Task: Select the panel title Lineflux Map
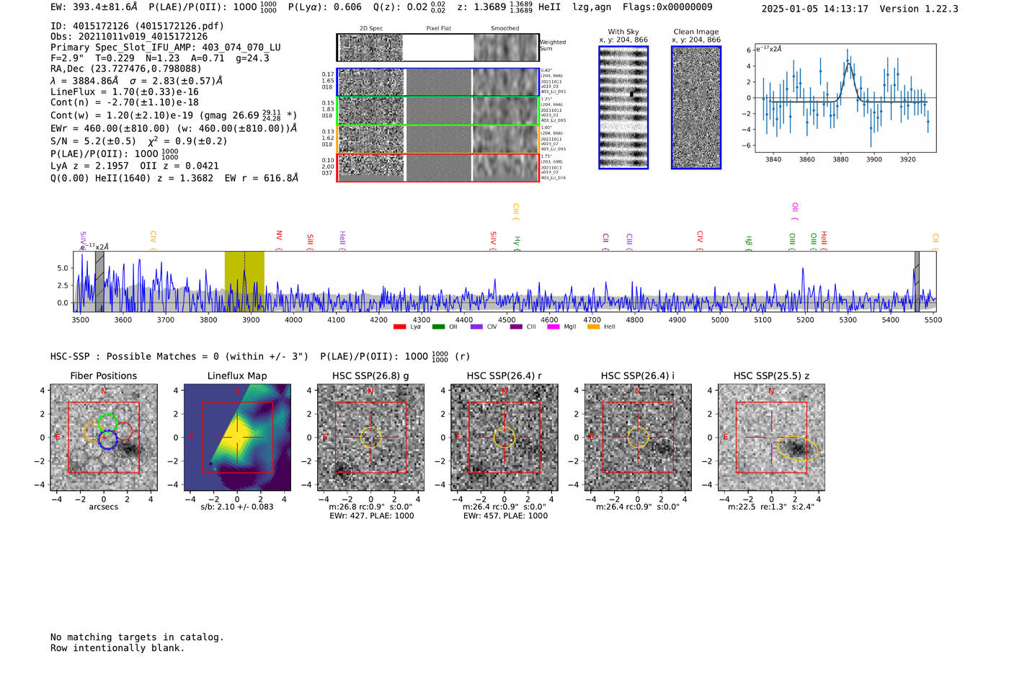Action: click(236, 376)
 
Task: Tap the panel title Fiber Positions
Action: click(103, 376)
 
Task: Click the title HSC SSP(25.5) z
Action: click(771, 376)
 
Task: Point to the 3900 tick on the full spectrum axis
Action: click(251, 319)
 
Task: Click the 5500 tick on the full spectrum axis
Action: click(933, 319)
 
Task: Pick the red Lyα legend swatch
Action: click(399, 327)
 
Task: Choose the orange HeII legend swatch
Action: click(593, 327)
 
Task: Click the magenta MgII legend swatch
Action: click(554, 327)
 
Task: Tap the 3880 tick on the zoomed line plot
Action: click(840, 159)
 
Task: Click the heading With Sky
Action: click(623, 32)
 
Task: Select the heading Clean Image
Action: click(695, 32)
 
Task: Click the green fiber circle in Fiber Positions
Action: click(107, 422)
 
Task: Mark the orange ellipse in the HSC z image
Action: click(798, 448)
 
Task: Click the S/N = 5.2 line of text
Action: click(138, 141)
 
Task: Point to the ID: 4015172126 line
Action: click(137, 26)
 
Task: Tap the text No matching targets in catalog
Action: click(137, 637)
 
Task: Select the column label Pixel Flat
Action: click(438, 29)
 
